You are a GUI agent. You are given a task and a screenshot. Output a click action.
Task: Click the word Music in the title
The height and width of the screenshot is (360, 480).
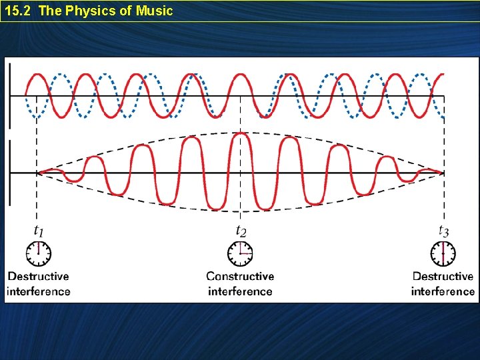pos(155,11)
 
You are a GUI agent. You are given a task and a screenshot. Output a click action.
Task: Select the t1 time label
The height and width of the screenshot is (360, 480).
pos(39,231)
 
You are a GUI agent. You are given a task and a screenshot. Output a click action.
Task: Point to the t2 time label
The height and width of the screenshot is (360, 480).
pos(241,231)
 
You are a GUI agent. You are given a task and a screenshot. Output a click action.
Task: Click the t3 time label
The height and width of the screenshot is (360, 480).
pos(443,231)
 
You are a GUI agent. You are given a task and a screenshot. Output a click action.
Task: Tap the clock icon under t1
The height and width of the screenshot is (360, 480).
pos(39,254)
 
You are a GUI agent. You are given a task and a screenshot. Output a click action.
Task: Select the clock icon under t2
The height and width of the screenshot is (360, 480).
pos(240,254)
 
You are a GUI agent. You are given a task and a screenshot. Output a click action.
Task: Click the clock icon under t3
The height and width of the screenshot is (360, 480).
pos(443,254)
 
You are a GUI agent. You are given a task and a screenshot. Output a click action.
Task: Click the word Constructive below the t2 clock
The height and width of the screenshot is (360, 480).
pos(240,276)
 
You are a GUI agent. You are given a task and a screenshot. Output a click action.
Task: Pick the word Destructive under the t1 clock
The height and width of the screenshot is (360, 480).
pos(38,276)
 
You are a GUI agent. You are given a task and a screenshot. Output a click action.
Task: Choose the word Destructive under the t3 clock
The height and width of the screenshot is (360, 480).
pos(443,276)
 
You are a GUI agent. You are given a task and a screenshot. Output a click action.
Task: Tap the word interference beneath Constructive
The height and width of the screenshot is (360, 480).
pos(240,291)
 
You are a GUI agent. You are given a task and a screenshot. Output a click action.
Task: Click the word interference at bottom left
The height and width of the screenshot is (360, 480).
pos(38,291)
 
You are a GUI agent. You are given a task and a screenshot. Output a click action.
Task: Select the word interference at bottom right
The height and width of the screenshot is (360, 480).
pos(443,291)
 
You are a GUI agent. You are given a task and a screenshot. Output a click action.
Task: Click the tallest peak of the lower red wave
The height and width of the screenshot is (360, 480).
pos(241,134)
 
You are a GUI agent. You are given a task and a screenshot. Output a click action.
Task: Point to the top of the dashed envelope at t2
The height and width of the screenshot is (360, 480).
pos(240,131)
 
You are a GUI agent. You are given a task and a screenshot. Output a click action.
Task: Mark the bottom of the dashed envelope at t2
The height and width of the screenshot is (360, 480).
pos(240,211)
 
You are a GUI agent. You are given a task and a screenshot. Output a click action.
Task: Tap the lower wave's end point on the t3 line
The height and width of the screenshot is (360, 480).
pos(443,173)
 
